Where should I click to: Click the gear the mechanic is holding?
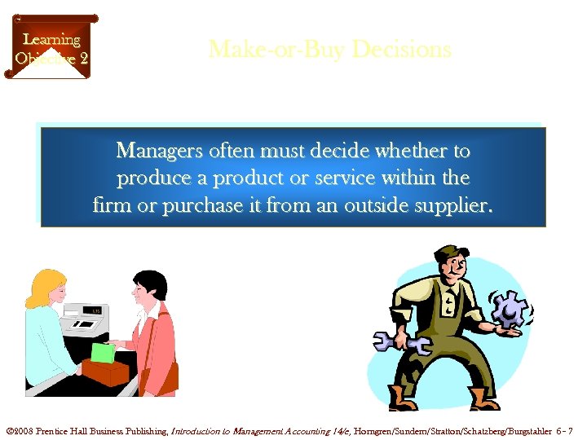pyautogui.click(x=510, y=310)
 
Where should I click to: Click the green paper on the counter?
pyautogui.click(x=101, y=353)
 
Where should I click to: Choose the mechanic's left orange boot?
pyautogui.click(x=402, y=398)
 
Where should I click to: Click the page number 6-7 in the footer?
pyautogui.click(x=566, y=430)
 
